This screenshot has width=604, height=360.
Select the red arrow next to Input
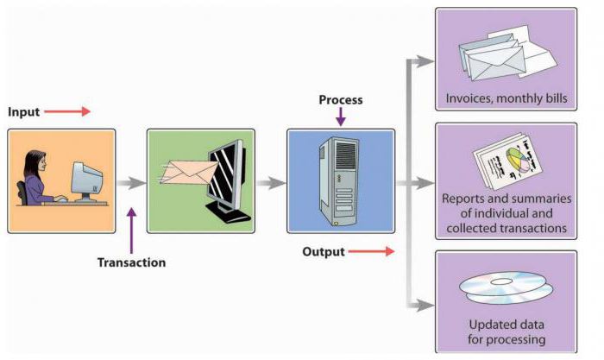pyautogui.click(x=66, y=112)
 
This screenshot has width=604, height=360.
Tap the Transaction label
pyautogui.click(x=131, y=262)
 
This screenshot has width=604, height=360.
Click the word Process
pyautogui.click(x=341, y=99)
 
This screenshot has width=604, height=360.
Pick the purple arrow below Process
pyautogui.click(x=341, y=117)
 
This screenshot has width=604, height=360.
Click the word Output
pyautogui.click(x=324, y=252)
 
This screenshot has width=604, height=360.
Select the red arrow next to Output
pyautogui.click(x=372, y=252)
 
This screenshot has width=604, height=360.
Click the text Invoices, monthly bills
pyautogui.click(x=506, y=98)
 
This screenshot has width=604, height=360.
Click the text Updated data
pyautogui.click(x=506, y=325)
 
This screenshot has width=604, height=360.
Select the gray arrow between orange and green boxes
pyautogui.click(x=131, y=183)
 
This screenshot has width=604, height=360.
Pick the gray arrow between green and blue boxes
pyautogui.click(x=271, y=183)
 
